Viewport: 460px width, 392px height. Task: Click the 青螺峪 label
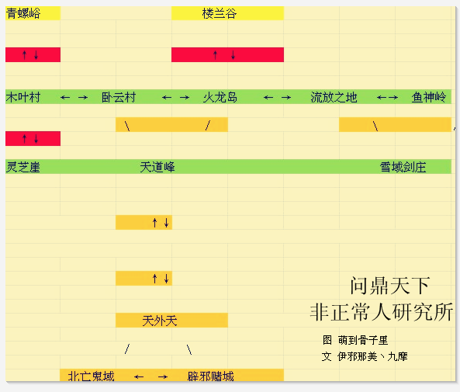pyautogui.click(x=23, y=13)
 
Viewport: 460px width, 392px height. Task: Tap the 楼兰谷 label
pyautogui.click(x=220, y=13)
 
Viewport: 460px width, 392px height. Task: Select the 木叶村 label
pyautogui.click(x=23, y=97)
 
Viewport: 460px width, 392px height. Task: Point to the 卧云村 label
pyautogui.click(x=119, y=97)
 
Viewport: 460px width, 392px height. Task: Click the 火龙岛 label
pyautogui.click(x=220, y=97)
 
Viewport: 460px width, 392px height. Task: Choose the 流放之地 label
pyautogui.click(x=334, y=97)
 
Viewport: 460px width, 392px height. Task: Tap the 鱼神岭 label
pyautogui.click(x=429, y=97)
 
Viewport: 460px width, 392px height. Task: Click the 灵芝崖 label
pyautogui.click(x=23, y=167)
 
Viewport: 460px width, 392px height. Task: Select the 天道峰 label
pyautogui.click(x=157, y=167)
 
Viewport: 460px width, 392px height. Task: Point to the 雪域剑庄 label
pyautogui.click(x=403, y=167)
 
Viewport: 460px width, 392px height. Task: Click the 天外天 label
pyautogui.click(x=160, y=321)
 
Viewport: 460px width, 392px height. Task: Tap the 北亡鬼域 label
pyautogui.click(x=91, y=376)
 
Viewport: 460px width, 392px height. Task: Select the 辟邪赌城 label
pyautogui.click(x=211, y=376)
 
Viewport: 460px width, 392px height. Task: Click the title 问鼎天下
pyautogui.click(x=390, y=286)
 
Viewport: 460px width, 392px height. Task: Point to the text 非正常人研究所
pyautogui.click(x=382, y=312)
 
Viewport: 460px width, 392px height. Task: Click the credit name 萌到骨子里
pyautogui.click(x=363, y=340)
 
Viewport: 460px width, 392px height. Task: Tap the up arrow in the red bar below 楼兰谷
pyautogui.click(x=216, y=55)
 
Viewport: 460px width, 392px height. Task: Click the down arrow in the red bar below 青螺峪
pyautogui.click(x=36, y=55)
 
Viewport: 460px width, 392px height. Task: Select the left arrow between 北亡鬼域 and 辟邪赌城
pyautogui.click(x=139, y=376)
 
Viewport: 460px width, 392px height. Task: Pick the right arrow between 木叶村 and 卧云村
pyautogui.click(x=83, y=98)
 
